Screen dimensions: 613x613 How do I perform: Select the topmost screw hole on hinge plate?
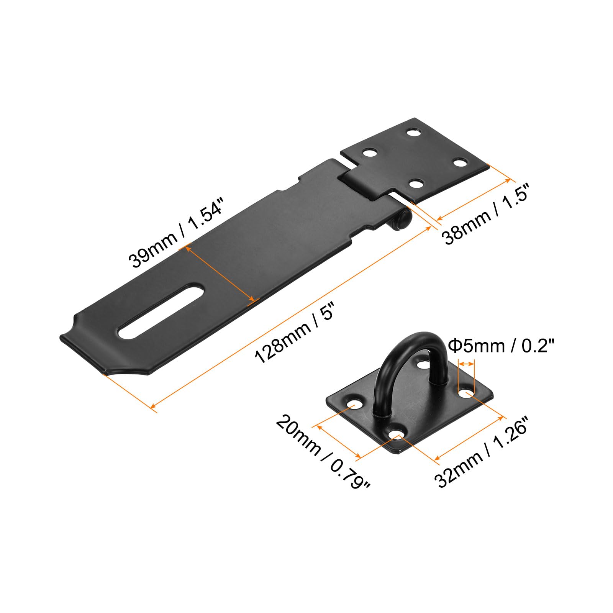click(413, 133)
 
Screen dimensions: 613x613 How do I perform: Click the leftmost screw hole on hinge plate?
click(370, 154)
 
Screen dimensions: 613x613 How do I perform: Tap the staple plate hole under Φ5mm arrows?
click(465, 393)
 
